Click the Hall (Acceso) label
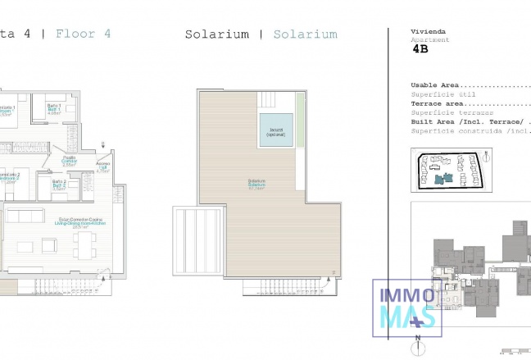pos(102,168)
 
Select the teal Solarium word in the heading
pos(305,34)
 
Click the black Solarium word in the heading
pos(216,34)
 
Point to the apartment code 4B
pos(420,49)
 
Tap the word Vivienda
pos(427,31)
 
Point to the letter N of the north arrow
pos(418,338)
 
